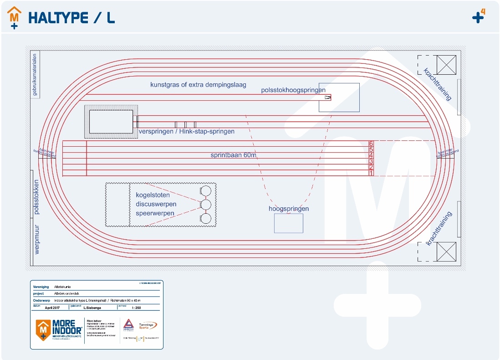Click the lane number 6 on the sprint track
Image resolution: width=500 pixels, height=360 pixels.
[x=371, y=144]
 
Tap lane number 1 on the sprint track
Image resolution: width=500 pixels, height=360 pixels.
[x=371, y=173]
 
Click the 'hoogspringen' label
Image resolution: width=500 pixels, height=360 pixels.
[x=289, y=209]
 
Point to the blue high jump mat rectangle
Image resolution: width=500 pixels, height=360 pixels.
[x=288, y=223]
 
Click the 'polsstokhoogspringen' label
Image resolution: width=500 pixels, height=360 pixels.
[x=293, y=90]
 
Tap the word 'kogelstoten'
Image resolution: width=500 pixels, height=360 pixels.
[x=153, y=195]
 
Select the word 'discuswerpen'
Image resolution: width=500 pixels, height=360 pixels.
[x=156, y=204]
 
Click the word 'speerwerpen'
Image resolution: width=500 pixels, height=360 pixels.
[x=155, y=213]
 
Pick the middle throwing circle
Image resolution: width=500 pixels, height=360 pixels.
[x=206, y=205]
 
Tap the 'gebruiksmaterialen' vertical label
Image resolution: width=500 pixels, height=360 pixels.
[x=35, y=75]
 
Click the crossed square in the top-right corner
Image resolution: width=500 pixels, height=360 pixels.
[x=446, y=65]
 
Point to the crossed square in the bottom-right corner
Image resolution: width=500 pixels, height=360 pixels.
[x=446, y=252]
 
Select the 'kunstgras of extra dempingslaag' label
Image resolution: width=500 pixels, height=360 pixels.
[x=198, y=85]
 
